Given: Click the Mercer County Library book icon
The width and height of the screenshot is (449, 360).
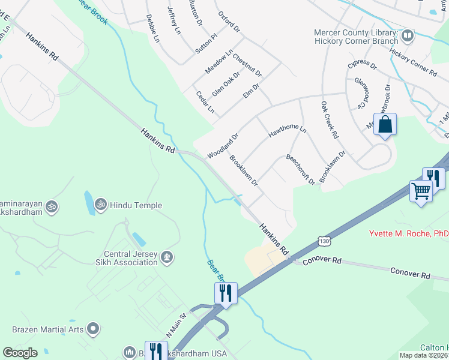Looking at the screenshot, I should pyautogui.click(x=408, y=36).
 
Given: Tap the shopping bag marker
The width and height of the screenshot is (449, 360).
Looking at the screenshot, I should pyautogui.click(x=385, y=125).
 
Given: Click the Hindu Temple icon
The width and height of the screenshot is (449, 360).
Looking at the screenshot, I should pyautogui.click(x=100, y=205).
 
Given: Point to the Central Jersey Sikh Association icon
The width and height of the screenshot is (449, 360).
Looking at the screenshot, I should pyautogui.click(x=167, y=257).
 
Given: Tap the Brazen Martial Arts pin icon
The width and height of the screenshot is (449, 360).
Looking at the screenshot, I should pyautogui.click(x=92, y=329).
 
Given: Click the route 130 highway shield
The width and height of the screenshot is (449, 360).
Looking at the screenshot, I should pyautogui.click(x=324, y=241).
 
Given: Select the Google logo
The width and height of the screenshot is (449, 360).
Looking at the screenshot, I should pyautogui.click(x=20, y=353).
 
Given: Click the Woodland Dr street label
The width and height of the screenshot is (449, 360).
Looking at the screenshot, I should pyautogui.click(x=223, y=146).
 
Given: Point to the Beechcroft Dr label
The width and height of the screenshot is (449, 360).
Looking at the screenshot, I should pyautogui.click(x=300, y=169).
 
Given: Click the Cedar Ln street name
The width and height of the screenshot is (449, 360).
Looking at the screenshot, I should pyautogui.click(x=205, y=102).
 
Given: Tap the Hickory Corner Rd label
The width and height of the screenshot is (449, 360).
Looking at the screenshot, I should pyautogui.click(x=413, y=62).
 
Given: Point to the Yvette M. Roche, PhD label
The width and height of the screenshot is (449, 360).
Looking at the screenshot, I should pyautogui.click(x=408, y=233).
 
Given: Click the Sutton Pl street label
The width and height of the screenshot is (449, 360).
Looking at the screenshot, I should pyautogui.click(x=205, y=44).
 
